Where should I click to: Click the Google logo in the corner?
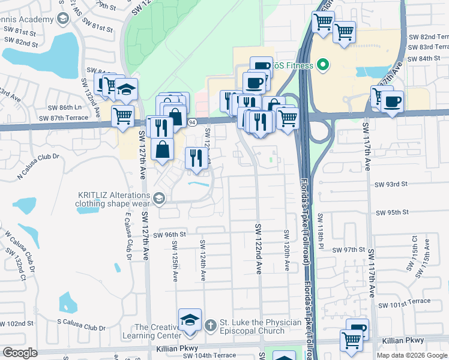[x=20, y=353]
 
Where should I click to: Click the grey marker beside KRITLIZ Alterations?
[x=159, y=197]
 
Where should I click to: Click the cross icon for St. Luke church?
[x=210, y=326]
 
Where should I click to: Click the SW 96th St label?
[x=170, y=235]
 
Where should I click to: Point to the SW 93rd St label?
[x=391, y=184]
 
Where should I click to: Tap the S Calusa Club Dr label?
[x=82, y=328]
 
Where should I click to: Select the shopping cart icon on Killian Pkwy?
[x=351, y=341]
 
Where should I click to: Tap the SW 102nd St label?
[x=16, y=323]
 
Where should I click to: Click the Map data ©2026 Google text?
[x=412, y=355]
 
